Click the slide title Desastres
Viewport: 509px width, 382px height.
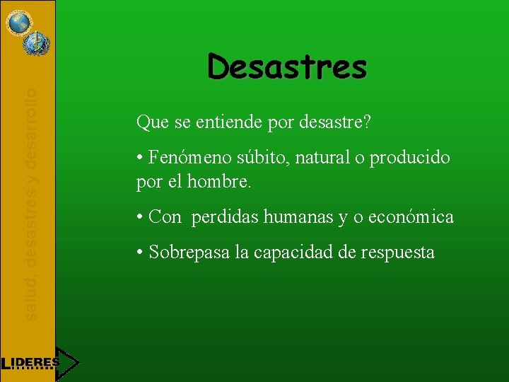[x=287, y=68]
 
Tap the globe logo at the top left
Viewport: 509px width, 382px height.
[x=19, y=21]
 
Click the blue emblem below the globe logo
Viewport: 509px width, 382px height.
[x=33, y=45]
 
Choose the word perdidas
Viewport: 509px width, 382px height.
[x=226, y=217]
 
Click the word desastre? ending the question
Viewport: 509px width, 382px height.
[x=337, y=123]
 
